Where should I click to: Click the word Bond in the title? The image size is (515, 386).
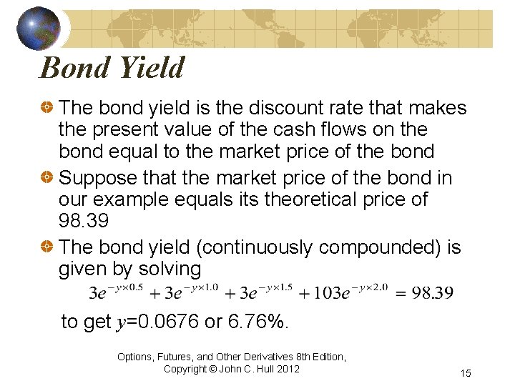pyautogui.click(x=71, y=69)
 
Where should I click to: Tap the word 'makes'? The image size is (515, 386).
pyautogui.click(x=436, y=109)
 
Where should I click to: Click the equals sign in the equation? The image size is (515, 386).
pyautogui.click(x=400, y=292)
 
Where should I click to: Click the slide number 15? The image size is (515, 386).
pyautogui.click(x=466, y=373)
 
